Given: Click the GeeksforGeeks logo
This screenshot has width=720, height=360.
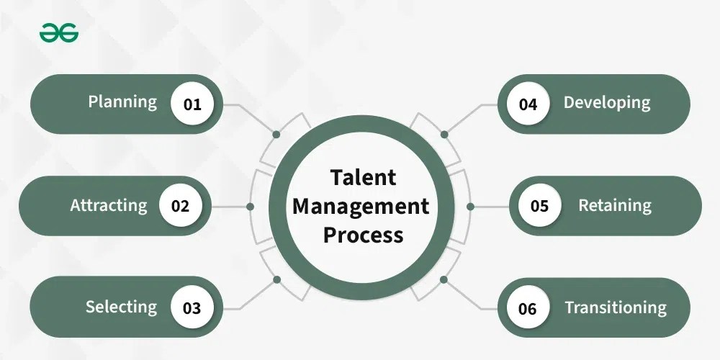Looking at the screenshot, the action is coord(59,32).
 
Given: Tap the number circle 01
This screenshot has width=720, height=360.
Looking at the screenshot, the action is coord(192,104).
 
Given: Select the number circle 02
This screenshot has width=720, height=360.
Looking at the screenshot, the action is coord(180,206).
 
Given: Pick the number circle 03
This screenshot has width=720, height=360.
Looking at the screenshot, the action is coord(192,308).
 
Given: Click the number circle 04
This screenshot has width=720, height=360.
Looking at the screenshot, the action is coord(528,104).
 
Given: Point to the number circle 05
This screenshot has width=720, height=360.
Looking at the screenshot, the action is coord(539,206).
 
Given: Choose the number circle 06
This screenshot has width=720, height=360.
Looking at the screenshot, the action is coord(528,308).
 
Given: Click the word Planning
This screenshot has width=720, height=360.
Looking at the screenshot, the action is coord(122,102).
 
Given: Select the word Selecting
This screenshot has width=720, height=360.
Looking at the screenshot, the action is coord(121,307).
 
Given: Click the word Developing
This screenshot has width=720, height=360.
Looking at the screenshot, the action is coord(606,103).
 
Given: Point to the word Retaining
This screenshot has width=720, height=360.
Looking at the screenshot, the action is coord(615,206).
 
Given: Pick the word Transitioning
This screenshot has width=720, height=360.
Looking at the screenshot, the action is coord(616,308).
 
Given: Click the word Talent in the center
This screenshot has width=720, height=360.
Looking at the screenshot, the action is coord(363,177).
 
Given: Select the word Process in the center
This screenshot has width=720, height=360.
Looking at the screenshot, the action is coord(363,235).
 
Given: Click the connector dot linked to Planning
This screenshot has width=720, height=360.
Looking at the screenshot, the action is coord(276,134).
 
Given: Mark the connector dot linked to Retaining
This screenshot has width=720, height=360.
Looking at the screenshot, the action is coord(470,206).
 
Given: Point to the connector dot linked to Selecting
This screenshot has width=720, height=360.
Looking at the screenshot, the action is coord(276,279).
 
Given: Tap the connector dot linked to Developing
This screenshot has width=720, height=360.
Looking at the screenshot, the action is coord(444,134).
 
